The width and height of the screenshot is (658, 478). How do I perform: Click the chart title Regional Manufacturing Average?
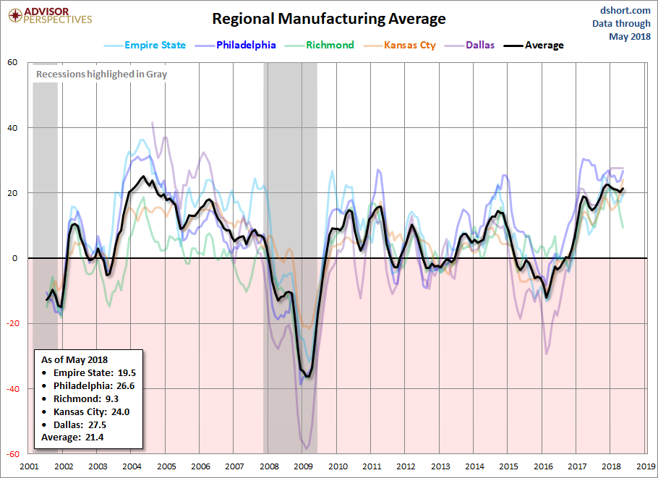(x=328, y=19)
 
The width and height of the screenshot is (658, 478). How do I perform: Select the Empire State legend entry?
(x=145, y=46)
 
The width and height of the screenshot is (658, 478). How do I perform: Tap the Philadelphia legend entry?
(x=236, y=46)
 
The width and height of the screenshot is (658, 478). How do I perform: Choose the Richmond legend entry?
(x=320, y=46)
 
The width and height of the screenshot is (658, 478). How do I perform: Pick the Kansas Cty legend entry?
(x=399, y=46)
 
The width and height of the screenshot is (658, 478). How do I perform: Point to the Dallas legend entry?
(x=469, y=46)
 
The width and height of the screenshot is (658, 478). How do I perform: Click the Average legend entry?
(x=534, y=46)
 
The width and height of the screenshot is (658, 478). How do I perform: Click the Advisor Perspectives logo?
(x=50, y=16)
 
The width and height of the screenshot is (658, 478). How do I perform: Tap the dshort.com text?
(x=625, y=11)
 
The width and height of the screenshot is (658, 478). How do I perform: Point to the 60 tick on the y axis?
(x=12, y=62)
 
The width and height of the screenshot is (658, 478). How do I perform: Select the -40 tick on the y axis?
(x=12, y=389)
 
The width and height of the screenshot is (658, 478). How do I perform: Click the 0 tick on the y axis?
(x=15, y=258)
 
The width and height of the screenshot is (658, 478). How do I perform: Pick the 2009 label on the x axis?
(x=303, y=466)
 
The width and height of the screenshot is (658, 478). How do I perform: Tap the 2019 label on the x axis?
(x=646, y=466)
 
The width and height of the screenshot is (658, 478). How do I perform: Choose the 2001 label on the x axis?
(x=29, y=466)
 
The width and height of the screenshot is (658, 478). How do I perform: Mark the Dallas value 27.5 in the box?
(x=97, y=424)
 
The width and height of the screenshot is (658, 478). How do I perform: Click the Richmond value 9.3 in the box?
(x=112, y=398)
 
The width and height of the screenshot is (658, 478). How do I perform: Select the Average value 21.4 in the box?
(x=94, y=438)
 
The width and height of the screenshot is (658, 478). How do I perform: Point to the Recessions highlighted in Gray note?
(x=101, y=74)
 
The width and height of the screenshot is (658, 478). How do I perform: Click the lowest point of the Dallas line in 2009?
(x=307, y=448)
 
